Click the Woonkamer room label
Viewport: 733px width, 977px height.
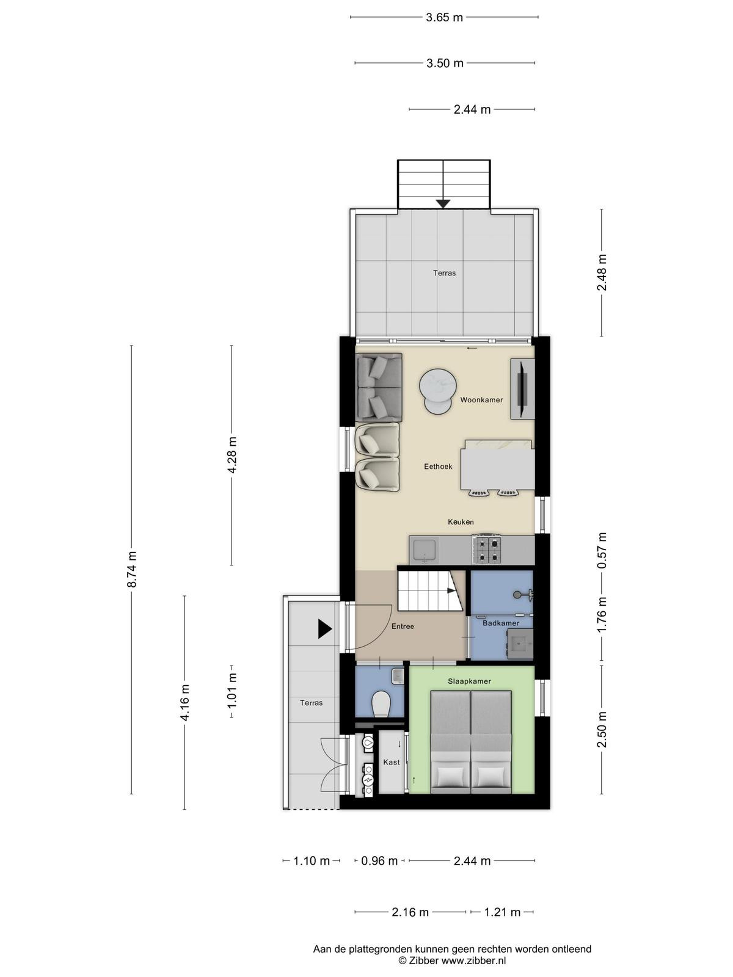(x=481, y=400)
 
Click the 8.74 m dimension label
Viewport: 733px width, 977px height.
(x=132, y=569)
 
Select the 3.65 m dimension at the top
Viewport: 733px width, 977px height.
(x=444, y=17)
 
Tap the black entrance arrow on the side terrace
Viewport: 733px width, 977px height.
(x=325, y=629)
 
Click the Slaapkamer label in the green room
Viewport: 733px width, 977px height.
(x=469, y=681)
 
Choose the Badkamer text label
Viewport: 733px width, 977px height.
(x=501, y=623)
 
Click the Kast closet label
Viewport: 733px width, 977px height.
(x=391, y=762)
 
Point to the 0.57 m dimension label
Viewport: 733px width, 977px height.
(x=602, y=550)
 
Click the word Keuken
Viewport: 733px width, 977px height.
(x=461, y=521)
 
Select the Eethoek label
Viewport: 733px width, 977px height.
(x=438, y=467)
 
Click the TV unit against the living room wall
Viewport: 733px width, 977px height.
(x=522, y=388)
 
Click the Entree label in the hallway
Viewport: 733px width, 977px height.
(x=403, y=627)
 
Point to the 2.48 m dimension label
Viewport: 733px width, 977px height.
(x=602, y=272)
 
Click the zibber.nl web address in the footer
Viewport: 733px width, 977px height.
(x=473, y=960)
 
